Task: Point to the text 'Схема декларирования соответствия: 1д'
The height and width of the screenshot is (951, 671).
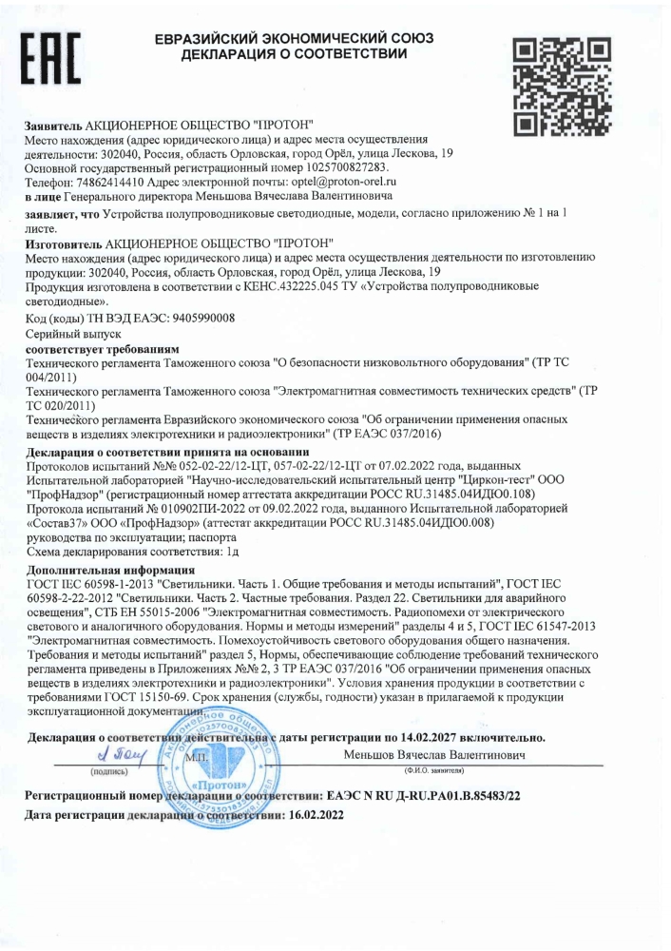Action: pos(132,550)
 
